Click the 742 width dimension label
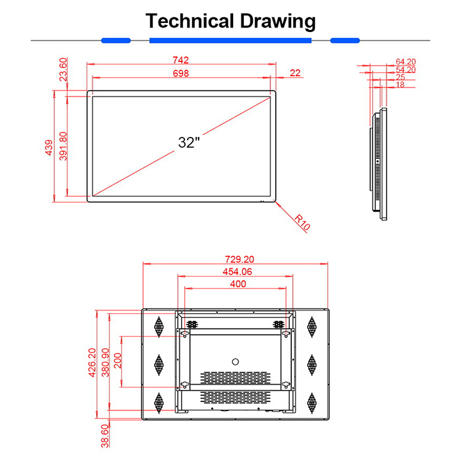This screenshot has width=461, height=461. [181, 60]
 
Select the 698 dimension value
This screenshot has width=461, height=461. [181, 73]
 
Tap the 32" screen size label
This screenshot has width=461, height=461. [189, 142]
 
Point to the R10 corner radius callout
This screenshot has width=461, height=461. [302, 222]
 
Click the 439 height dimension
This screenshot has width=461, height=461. [49, 148]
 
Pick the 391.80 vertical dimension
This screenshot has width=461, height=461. [63, 146]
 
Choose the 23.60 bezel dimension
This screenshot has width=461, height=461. [63, 69]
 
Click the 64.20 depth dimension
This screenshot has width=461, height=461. [405, 61]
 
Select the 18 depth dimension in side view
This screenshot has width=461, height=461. [400, 85]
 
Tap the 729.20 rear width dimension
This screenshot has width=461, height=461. [239, 259]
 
